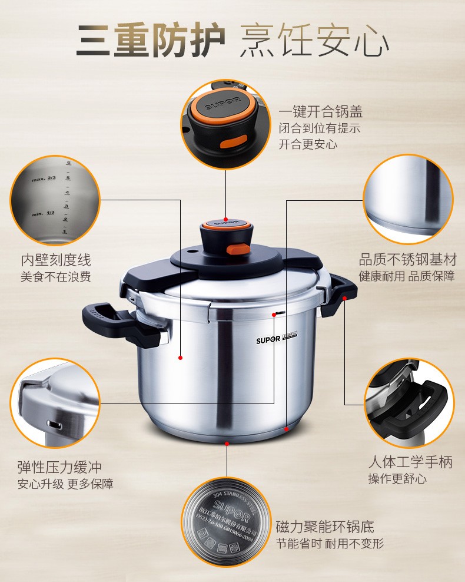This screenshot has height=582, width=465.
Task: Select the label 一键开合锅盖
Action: pos(320,112)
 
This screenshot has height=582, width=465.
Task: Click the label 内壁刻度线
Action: pos(56,260)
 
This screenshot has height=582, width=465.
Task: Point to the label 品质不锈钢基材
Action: pos(408,260)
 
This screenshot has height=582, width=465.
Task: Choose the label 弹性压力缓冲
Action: pos(59,467)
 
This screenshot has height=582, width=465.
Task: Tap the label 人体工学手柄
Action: pos(410,462)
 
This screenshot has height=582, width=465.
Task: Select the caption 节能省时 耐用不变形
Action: pos(330,543)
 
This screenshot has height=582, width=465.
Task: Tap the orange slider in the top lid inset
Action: pos(234,143)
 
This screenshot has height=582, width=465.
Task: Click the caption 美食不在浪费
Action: pos(56,276)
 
